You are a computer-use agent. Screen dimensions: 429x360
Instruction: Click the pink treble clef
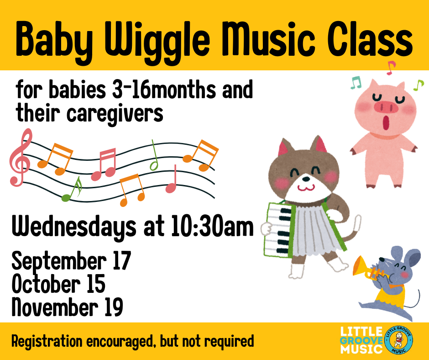coord(21,157)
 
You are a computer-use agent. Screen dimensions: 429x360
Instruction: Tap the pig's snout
coord(386,107)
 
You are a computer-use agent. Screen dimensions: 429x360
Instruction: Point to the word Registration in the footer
coord(47,341)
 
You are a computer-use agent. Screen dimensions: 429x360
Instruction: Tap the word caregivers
coord(115,114)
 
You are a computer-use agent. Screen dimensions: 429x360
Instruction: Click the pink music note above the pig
coord(391,68)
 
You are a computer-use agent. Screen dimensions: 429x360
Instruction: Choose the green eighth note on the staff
coord(72,189)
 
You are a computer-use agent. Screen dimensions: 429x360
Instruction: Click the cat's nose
coord(306,179)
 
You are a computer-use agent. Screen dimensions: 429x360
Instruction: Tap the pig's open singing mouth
coord(386,122)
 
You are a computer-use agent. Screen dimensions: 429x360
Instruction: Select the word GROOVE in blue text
coord(361,340)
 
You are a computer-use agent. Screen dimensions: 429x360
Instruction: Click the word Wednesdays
coord(74,227)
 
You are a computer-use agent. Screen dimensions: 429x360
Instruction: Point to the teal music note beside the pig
coord(356,83)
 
